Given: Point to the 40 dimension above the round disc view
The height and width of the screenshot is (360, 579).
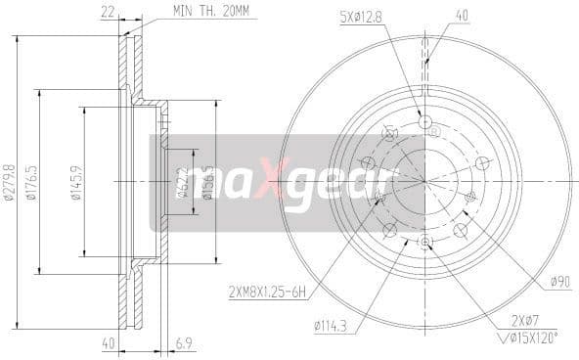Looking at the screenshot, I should tap(462, 14).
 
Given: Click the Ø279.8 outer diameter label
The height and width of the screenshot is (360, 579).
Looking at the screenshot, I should tap(10, 182).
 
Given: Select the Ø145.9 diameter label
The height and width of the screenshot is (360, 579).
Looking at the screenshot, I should tap(77, 182).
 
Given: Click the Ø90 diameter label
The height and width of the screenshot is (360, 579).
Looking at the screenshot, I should tap(558, 282).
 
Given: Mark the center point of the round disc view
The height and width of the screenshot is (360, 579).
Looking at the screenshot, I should tap(425, 181).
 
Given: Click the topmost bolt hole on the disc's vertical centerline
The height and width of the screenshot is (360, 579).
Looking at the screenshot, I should tap(425, 120).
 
